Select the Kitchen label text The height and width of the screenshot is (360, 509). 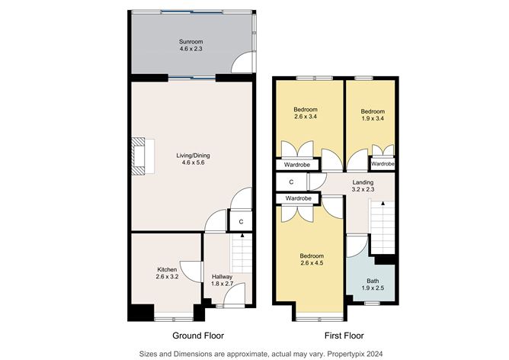point(167,270)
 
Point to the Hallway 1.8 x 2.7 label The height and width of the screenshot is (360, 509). point(222,280)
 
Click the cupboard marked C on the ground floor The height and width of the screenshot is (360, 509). point(241,222)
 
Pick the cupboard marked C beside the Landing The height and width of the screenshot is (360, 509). point(291,183)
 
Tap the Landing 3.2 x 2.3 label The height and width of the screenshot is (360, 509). point(363,187)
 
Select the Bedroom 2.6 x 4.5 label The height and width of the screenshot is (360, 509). point(311,259)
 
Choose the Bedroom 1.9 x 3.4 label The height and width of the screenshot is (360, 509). point(373,114)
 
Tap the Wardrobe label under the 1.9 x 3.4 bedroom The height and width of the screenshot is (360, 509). point(382,164)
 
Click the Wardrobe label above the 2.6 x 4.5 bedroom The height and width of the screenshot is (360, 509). point(298,198)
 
